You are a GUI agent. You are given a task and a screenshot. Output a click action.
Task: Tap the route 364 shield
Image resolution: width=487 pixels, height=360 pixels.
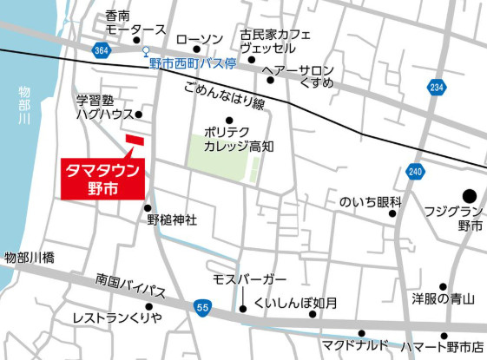click(102, 53)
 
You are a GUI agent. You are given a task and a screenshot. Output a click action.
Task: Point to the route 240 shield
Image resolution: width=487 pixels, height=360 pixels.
click(416, 172)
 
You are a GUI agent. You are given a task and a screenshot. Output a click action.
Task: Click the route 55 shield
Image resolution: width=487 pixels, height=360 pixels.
click(202, 308)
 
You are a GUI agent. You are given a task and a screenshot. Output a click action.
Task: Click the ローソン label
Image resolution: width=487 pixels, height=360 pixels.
click(199, 39)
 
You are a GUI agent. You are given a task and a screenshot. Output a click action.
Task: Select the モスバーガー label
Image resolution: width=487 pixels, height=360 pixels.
click(250, 279)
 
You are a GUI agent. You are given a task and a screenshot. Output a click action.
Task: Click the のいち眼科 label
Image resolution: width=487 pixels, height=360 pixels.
click(370, 202)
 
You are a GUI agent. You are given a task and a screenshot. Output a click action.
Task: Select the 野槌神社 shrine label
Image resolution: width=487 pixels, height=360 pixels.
click(172, 219)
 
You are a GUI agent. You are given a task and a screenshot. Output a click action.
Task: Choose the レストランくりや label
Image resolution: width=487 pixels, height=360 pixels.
click(117, 317)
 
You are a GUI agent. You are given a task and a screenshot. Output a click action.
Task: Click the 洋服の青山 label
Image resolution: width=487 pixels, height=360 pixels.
click(443, 299)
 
